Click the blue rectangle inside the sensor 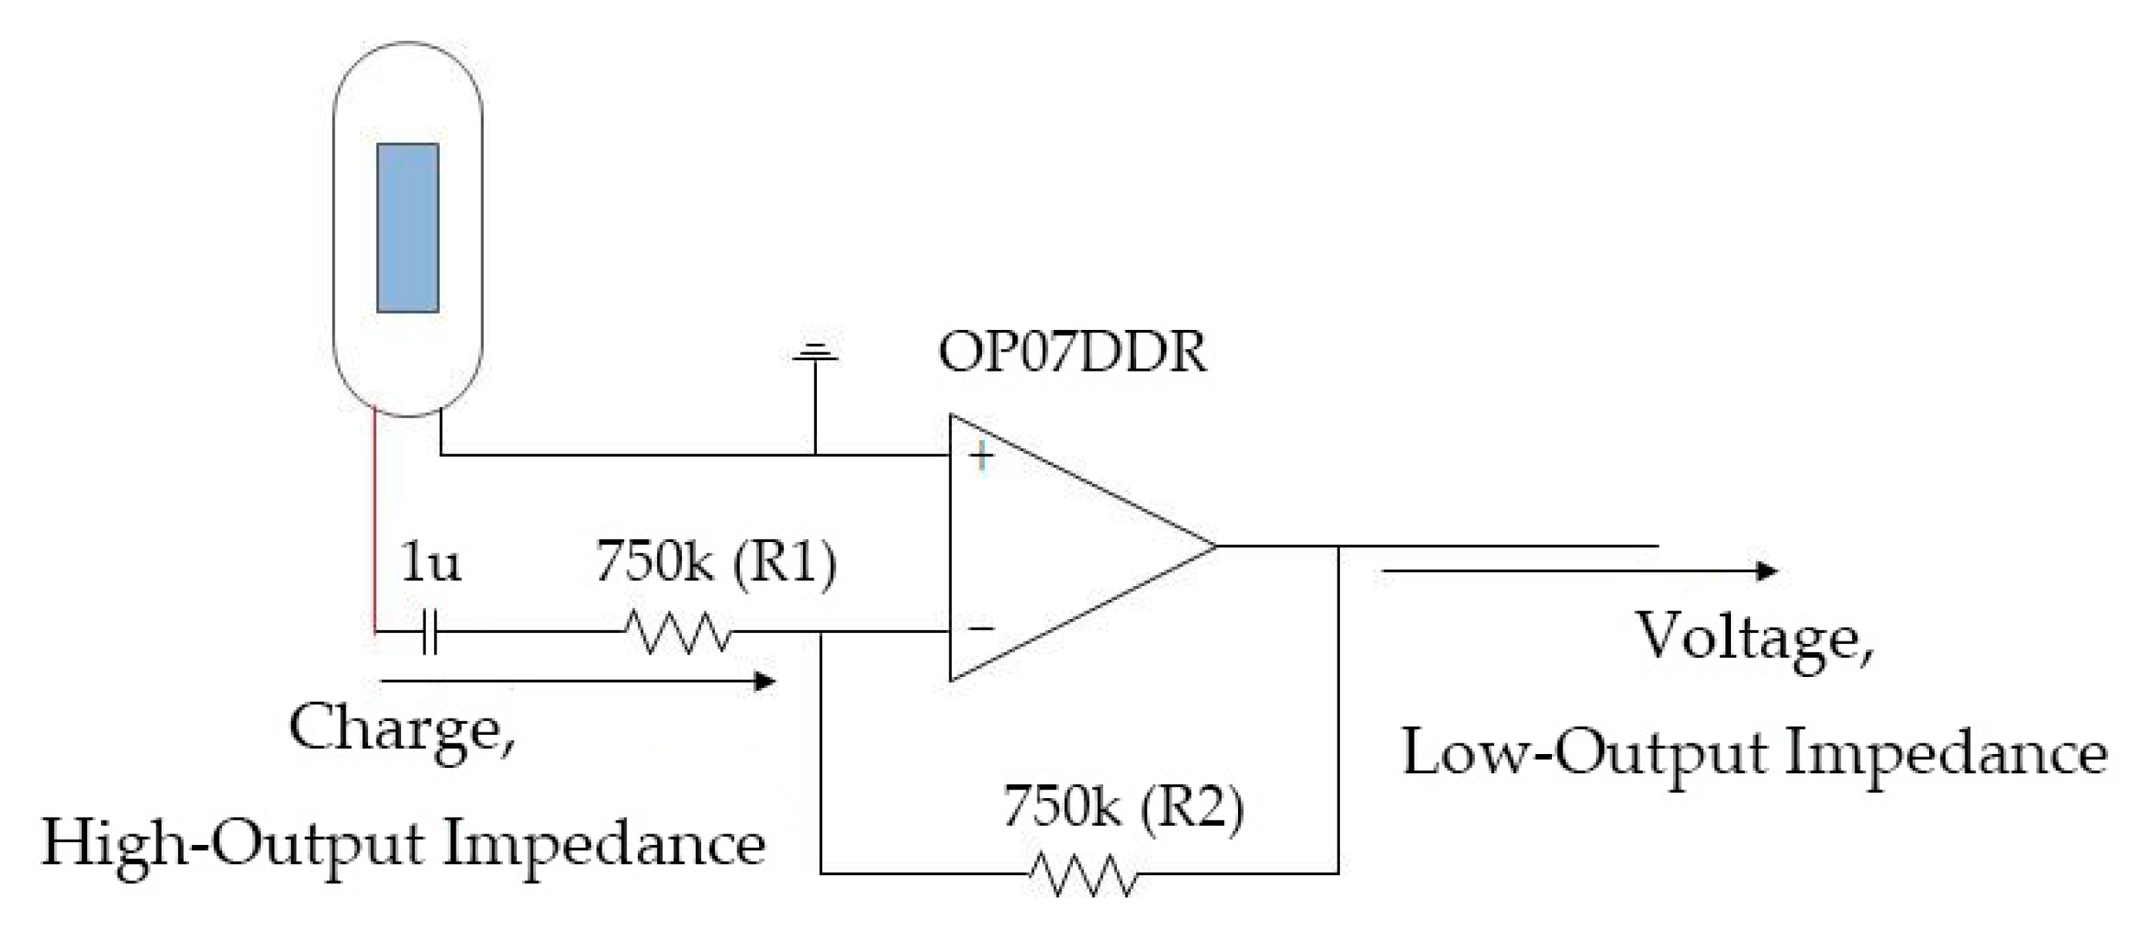click(x=407, y=227)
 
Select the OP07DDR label click(x=1072, y=352)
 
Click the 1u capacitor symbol click(x=429, y=633)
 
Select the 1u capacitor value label click(x=430, y=563)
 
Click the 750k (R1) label click(x=716, y=563)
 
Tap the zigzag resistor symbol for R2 click(x=1082, y=874)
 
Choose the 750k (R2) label click(x=1123, y=806)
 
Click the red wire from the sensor click(x=375, y=521)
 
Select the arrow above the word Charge click(x=578, y=681)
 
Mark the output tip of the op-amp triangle click(x=1214, y=546)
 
